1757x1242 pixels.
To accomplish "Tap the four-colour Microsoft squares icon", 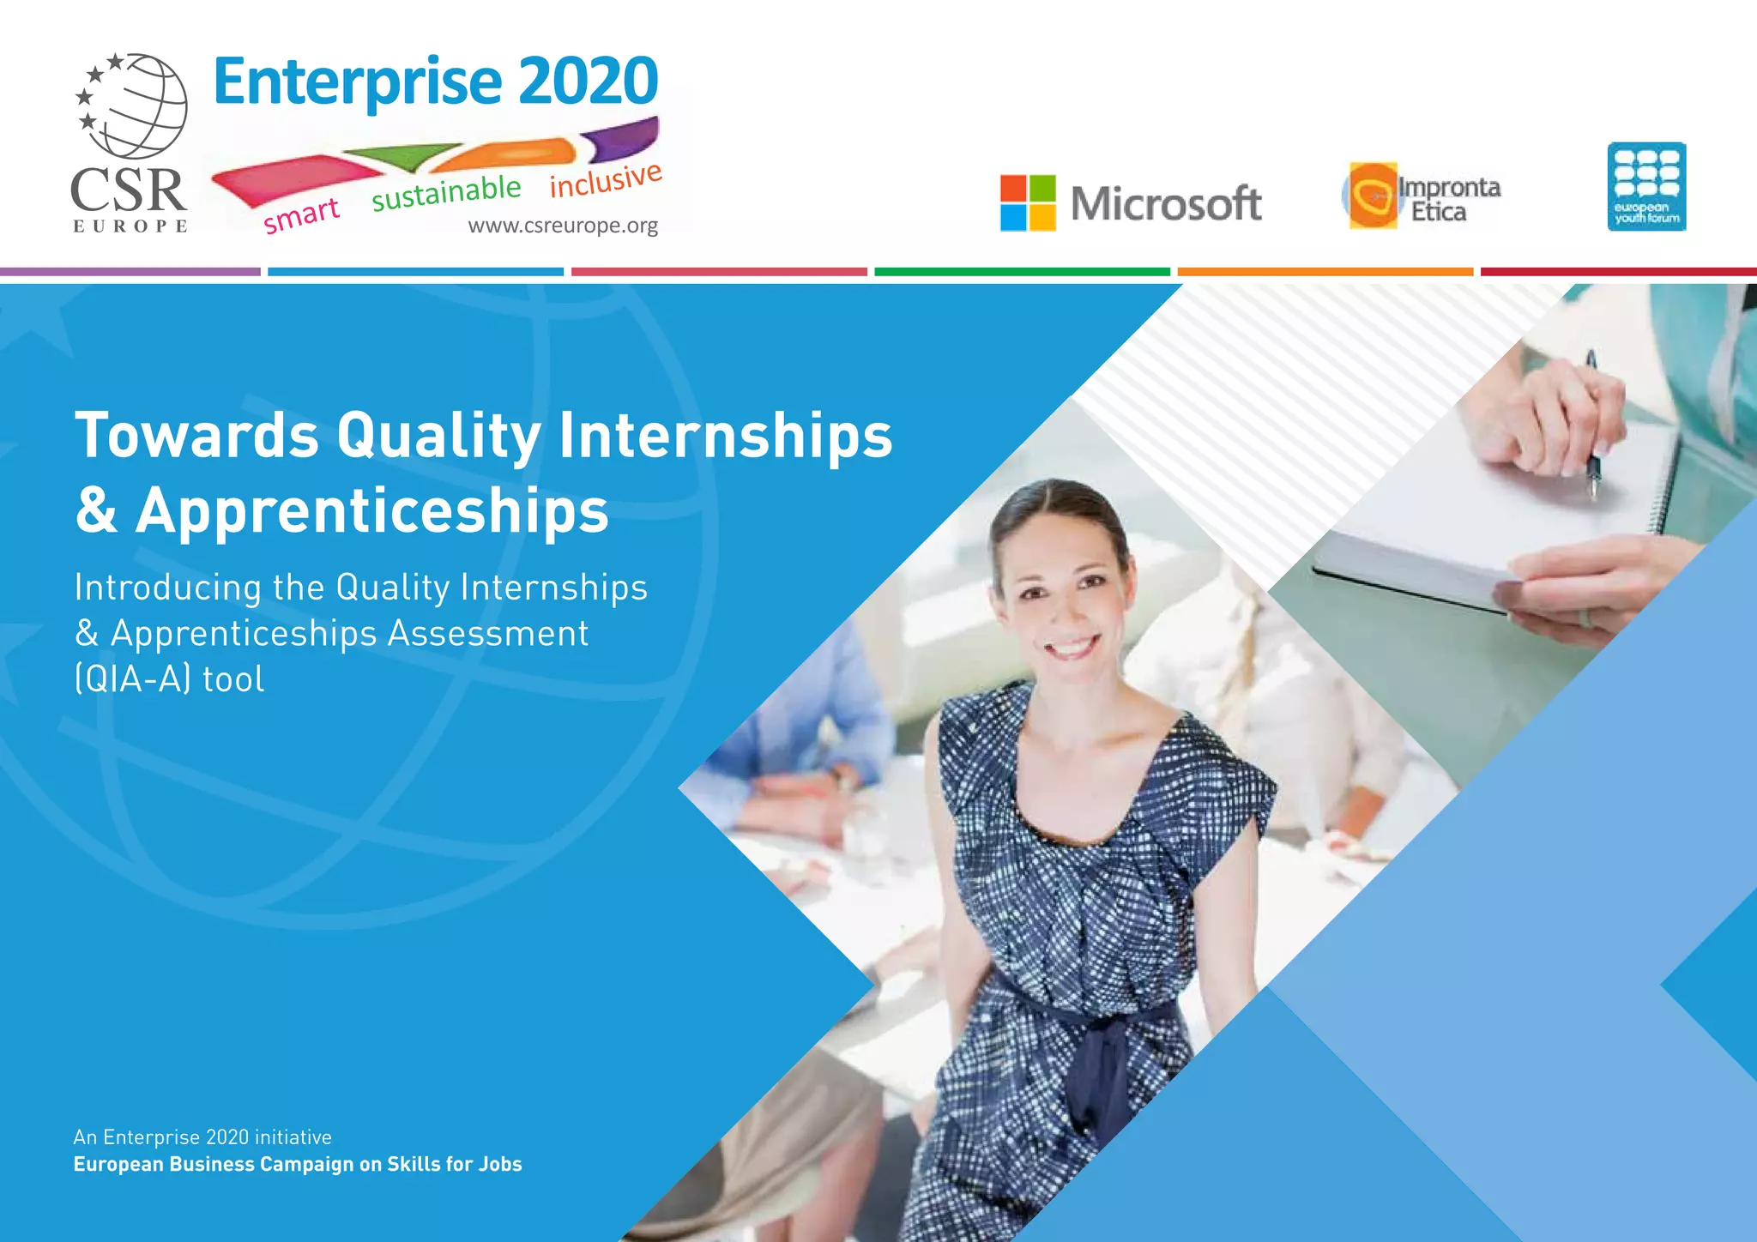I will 1027,203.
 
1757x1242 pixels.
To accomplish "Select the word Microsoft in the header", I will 1166,204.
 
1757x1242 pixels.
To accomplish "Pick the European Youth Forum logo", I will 1646,186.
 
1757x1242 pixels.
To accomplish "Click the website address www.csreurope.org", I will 563,226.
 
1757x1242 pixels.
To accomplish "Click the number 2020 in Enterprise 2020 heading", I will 588,81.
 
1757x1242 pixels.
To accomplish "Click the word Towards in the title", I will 197,435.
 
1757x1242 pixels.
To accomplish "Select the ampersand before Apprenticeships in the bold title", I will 96,510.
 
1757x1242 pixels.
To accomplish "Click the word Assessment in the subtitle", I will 488,634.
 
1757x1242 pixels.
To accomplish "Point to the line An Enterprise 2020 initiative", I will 202,1137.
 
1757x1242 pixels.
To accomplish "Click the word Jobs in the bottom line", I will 501,1164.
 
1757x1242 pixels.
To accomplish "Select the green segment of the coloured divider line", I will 1022,272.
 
